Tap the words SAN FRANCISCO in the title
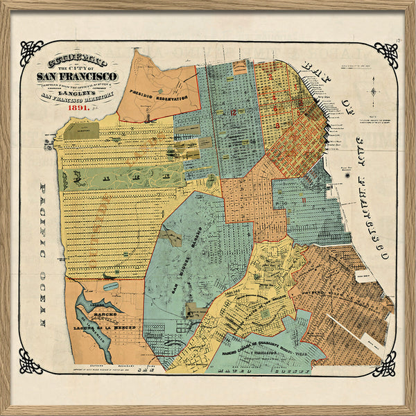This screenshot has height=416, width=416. point(77,76)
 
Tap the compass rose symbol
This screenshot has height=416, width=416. point(374,91)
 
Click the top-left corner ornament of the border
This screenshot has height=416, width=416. point(31,53)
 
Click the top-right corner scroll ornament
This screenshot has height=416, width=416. point(385,53)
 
